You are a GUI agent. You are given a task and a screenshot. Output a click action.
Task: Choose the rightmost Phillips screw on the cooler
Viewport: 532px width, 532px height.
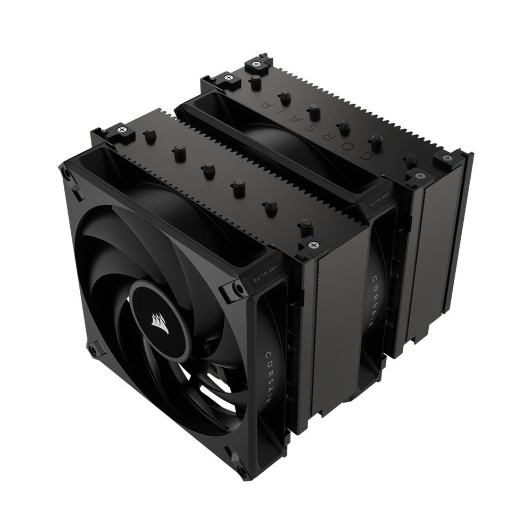(444, 158)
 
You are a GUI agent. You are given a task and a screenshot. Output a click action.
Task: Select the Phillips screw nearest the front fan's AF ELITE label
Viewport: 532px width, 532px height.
(313, 246)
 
